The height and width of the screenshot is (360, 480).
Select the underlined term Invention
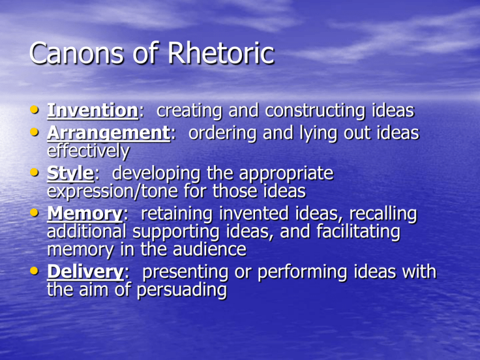point(92,111)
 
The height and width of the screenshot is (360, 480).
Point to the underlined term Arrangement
point(108,134)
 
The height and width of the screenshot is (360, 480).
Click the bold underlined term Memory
point(84,214)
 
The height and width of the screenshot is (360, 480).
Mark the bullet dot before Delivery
point(35,273)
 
